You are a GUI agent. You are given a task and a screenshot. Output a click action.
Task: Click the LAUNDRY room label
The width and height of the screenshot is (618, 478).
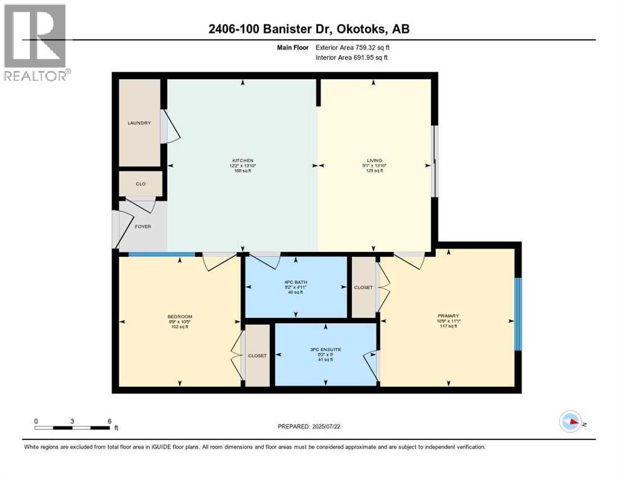[x=139, y=123]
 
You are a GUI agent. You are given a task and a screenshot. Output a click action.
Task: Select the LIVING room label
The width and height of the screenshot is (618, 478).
[x=374, y=161]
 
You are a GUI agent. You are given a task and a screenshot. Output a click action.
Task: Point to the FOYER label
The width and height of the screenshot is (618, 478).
[x=143, y=227]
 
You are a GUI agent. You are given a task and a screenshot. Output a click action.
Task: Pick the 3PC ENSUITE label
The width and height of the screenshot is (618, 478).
[x=326, y=348]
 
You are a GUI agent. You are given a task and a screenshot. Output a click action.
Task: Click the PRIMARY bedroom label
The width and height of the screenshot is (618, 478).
[x=448, y=316]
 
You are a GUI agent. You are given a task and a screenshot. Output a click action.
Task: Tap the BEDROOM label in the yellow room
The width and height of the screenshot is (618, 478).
[x=180, y=316]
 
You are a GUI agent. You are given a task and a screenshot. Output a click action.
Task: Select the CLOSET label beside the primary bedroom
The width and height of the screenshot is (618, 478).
[x=363, y=288]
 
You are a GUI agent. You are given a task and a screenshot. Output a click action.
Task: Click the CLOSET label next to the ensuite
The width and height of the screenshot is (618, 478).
[x=257, y=356]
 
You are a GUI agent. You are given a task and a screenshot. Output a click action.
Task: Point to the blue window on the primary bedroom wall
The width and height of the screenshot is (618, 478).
[x=518, y=314]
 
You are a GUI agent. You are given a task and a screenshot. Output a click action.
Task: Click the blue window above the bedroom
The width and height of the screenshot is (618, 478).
[x=162, y=254]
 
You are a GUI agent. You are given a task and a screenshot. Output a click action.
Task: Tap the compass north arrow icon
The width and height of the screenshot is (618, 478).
[x=570, y=421]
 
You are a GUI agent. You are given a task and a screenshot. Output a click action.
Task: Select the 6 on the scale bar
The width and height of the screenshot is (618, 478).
[x=109, y=421]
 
